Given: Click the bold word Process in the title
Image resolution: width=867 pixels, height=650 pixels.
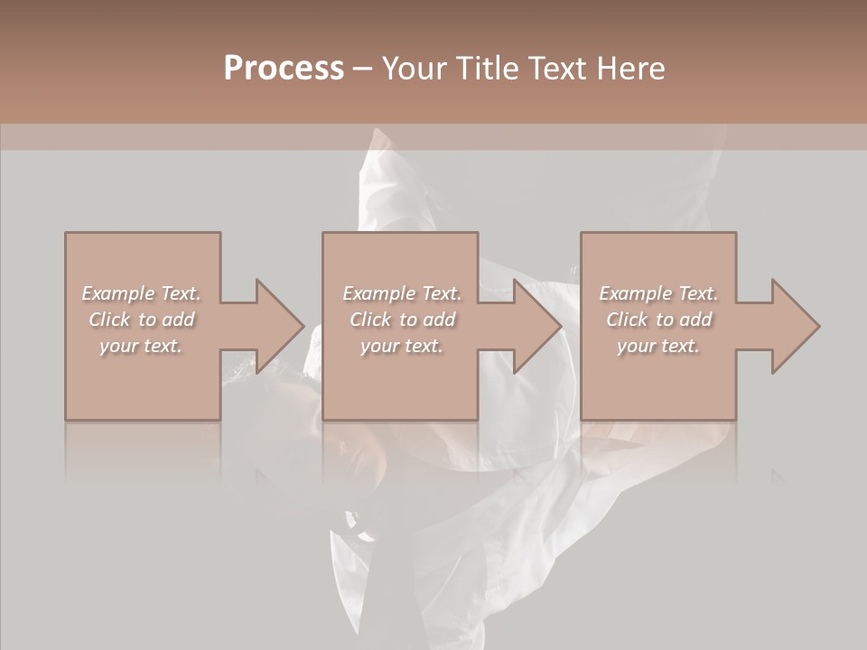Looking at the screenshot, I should coord(284,69).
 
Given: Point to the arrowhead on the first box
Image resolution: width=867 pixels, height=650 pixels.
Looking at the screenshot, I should coord(275,326).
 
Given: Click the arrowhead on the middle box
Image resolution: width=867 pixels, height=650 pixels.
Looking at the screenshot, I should coord(534,326).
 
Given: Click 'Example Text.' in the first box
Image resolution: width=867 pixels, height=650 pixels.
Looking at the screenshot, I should coord(142,293).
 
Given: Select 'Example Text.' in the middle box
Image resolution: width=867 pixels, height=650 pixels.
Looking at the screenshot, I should coord(402,293).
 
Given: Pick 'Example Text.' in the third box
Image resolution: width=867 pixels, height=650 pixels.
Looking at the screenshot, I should coord(658,293).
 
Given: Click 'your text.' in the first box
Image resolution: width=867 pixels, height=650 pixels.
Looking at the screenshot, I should coord(142,346).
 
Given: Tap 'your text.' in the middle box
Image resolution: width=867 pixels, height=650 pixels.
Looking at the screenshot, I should coord(402,346).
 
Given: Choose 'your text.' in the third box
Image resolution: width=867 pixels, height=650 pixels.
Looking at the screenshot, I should coord(658,346).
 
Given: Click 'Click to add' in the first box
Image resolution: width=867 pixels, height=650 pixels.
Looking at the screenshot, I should coord(142,320).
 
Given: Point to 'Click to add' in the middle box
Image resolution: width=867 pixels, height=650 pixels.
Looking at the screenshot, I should coord(402,320).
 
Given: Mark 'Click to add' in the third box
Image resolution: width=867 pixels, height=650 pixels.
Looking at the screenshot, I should coord(658,320).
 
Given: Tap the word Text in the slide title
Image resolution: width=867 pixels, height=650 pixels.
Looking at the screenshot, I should coord(553,69).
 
